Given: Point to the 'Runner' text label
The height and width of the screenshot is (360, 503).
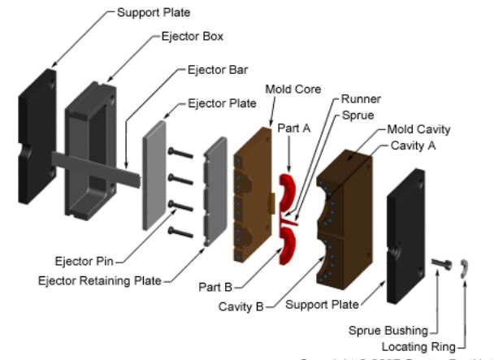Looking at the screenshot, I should coord(361,99).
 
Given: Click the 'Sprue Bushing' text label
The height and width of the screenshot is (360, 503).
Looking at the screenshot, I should coord(387,331).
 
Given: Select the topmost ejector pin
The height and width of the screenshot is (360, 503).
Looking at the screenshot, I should coord(180,151).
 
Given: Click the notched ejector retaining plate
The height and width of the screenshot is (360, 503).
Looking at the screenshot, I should coord(215,191).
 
